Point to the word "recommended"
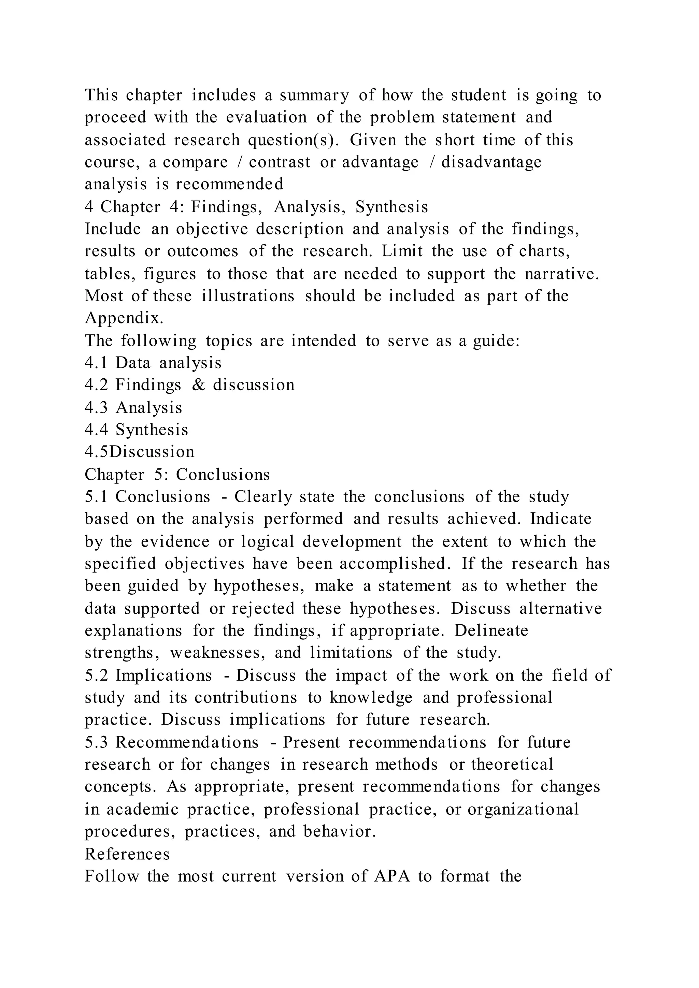[229, 185]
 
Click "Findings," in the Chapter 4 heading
[226, 207]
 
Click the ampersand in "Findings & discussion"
[198, 385]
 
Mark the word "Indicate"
[561, 519]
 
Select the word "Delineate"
[491, 631]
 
